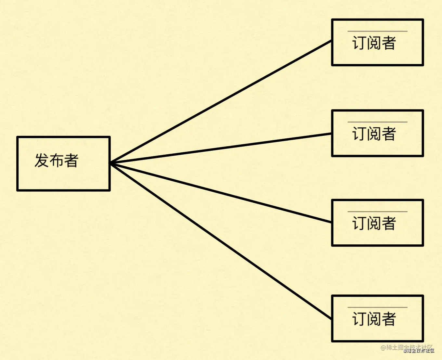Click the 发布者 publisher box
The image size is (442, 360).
[x=63, y=163]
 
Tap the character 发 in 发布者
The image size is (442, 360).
[x=42, y=161]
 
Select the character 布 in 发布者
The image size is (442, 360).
[x=56, y=161]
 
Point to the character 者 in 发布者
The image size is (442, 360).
[x=71, y=161]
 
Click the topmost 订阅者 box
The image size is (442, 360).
[x=377, y=42]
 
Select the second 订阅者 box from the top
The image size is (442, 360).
[x=377, y=133]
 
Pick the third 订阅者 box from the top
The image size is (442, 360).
[x=377, y=223]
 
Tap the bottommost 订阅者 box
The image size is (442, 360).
[x=377, y=318]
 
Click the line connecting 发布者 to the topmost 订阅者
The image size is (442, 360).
[x=221, y=101]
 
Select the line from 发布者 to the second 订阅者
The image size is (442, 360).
[x=221, y=148]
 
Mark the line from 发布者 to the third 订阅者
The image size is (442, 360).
[x=221, y=192]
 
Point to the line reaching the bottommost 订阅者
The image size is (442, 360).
[x=221, y=241]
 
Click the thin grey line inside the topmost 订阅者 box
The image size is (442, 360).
[x=377, y=32]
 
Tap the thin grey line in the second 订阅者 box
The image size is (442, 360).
[x=377, y=122]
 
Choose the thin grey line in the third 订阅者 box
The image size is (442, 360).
[x=377, y=212]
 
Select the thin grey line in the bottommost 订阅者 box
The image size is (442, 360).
[x=377, y=307]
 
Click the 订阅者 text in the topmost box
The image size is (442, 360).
[x=374, y=43]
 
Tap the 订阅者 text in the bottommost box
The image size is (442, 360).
[x=374, y=319]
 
